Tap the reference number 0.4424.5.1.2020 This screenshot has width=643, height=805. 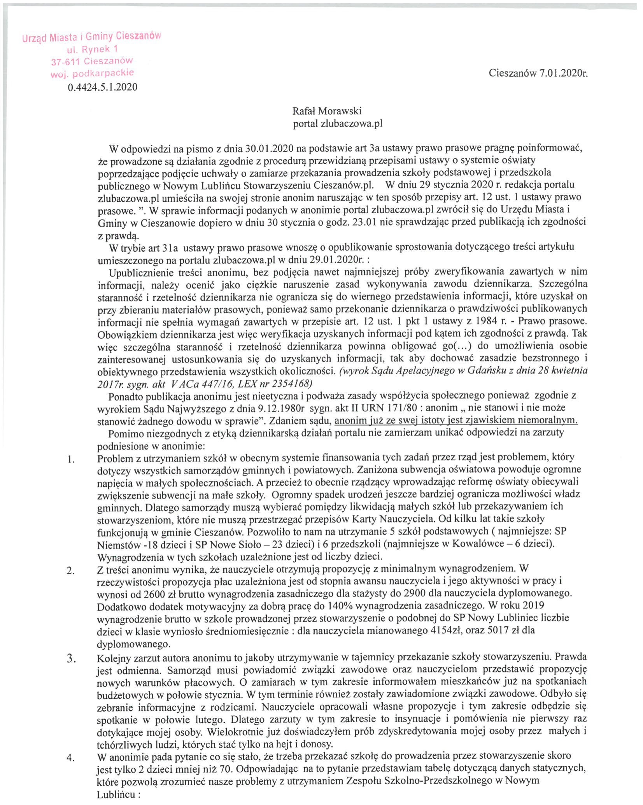(102, 87)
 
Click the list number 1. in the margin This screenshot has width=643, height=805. (71, 460)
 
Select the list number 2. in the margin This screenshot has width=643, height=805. (71, 571)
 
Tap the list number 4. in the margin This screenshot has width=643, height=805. (71, 758)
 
